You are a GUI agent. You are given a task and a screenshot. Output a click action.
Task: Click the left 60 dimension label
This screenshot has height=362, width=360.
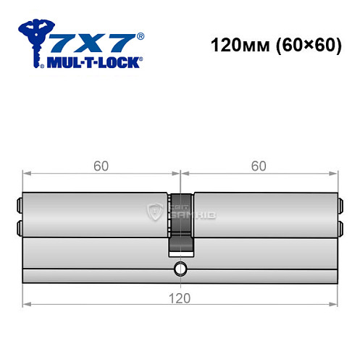tap(101, 166)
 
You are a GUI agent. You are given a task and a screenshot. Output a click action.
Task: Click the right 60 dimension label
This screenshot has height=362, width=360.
tap(259, 166)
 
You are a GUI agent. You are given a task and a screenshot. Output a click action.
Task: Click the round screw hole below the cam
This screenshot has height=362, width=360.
tap(180, 271)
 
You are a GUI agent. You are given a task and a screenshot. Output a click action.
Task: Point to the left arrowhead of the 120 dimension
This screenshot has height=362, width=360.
tap(27, 304)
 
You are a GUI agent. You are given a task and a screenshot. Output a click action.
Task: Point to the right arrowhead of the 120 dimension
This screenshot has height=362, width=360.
tap(335, 304)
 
